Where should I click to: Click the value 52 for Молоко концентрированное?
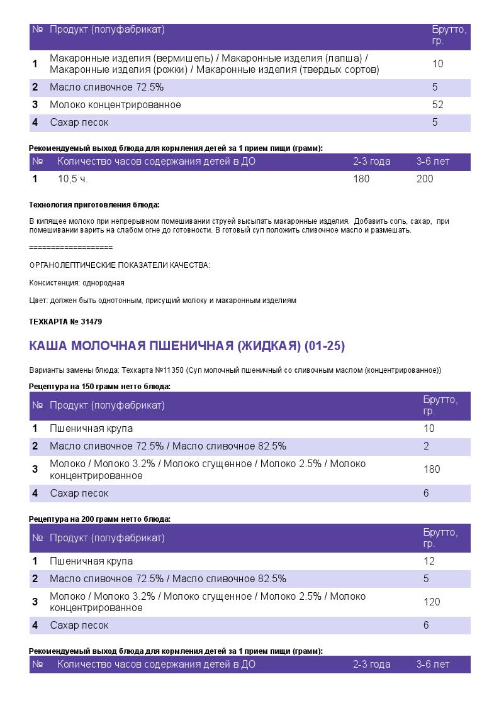437,105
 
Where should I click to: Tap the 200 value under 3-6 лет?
425,179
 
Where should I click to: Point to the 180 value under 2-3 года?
361,179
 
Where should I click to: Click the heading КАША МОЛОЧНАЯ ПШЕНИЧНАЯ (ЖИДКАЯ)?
187,346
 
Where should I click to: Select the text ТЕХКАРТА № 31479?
65,322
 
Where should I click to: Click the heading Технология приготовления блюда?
94,205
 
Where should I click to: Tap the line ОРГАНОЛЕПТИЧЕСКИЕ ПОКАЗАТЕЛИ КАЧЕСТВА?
120,265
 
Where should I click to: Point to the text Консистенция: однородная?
77,283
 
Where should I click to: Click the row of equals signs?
71,248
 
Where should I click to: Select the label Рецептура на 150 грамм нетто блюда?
100,387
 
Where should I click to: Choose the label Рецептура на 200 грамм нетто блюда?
100,519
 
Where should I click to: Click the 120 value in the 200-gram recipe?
432,602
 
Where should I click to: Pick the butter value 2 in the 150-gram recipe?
426,446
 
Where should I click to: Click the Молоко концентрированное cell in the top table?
115,105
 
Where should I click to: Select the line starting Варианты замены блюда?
235,370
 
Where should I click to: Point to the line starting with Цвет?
162,301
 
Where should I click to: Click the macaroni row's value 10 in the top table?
438,64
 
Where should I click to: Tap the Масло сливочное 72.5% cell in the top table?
106,87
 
